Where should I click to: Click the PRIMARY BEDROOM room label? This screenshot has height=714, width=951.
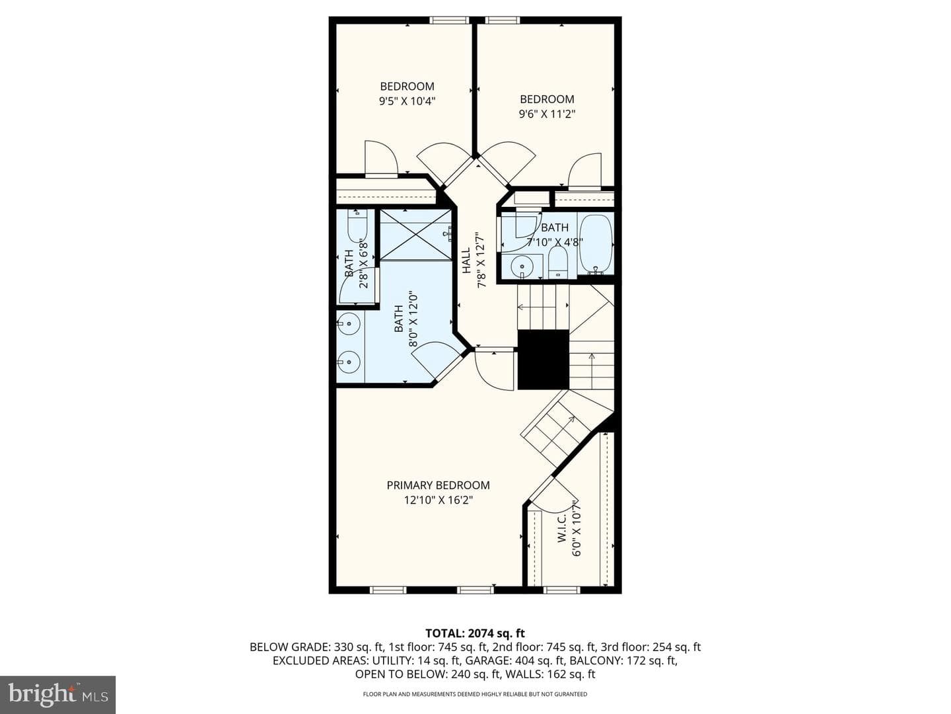click(438, 485)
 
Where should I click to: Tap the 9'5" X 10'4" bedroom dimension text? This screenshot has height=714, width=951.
click(407, 101)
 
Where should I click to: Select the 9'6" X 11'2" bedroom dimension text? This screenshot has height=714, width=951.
click(547, 114)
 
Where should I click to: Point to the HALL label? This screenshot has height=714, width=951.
click(466, 260)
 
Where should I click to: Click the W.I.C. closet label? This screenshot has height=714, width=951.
click(562, 528)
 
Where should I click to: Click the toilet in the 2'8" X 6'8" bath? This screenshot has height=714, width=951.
click(357, 226)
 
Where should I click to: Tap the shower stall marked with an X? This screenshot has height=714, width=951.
click(415, 235)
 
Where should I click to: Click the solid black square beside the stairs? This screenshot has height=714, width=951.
click(544, 360)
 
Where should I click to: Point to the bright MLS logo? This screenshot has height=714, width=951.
click(57, 695)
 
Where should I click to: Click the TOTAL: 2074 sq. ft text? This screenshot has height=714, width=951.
click(475, 633)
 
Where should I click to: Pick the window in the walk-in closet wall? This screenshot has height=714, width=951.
click(561, 590)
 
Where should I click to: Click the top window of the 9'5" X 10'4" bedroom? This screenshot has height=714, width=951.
click(449, 20)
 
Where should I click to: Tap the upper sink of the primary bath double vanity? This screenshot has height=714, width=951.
click(349, 323)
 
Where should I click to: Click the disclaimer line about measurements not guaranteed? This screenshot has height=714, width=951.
click(475, 694)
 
